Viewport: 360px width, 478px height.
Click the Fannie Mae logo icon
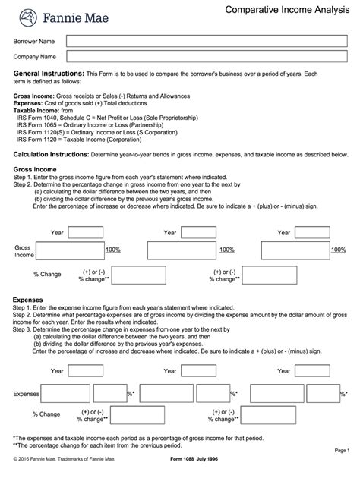tap(27, 16)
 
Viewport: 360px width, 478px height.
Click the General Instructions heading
tap(49, 74)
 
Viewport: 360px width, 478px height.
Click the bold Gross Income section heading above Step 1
tap(33, 171)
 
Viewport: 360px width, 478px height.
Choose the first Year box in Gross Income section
tap(86, 232)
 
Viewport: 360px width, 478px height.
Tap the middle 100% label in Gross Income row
tap(226, 250)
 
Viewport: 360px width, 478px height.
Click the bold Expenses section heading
tap(28, 300)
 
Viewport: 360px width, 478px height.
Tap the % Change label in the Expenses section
tap(46, 414)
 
